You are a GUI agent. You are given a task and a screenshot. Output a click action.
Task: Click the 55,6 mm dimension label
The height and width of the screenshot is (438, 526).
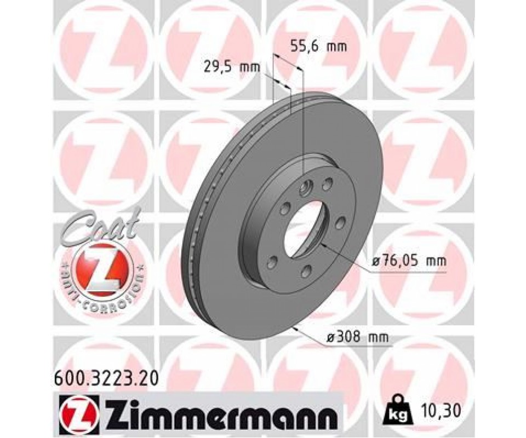click(x=318, y=46)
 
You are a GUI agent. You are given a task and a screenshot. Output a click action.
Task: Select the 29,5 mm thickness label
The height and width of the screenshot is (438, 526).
click(x=232, y=67)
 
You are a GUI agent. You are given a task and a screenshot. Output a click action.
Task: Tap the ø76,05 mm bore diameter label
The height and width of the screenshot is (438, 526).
click(x=409, y=261)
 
